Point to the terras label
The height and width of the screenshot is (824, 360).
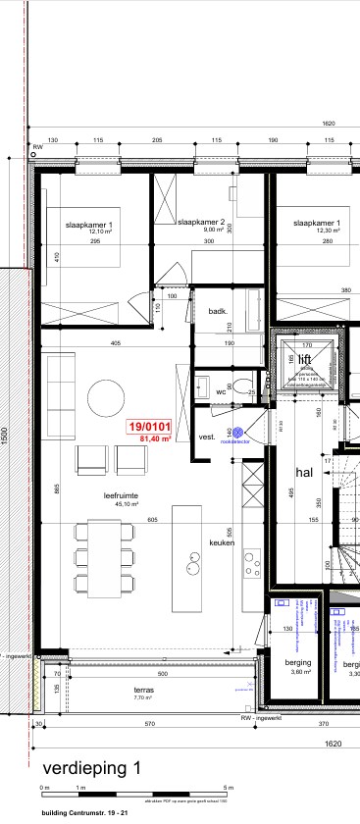[144, 690]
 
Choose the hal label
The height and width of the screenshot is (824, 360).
[304, 471]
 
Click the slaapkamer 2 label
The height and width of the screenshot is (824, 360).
[202, 222]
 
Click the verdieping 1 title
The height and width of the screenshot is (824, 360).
[84, 767]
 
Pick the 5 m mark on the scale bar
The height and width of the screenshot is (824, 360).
[230, 788]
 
